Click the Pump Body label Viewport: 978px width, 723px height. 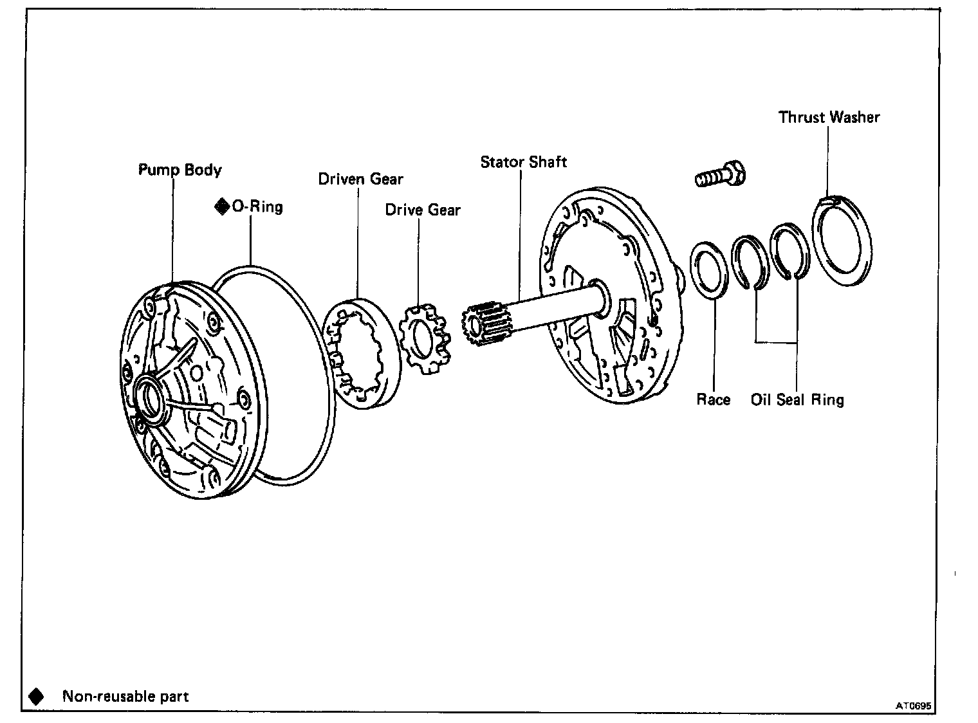click(180, 170)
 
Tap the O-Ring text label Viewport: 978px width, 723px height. click(257, 206)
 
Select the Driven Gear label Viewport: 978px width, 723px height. click(360, 179)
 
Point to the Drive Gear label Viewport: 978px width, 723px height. click(423, 210)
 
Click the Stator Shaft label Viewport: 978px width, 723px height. click(524, 161)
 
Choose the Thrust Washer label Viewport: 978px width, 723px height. click(829, 117)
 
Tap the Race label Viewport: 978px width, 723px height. click(714, 399)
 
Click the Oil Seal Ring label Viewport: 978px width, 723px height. click(797, 399)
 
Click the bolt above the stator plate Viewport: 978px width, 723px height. click(721, 175)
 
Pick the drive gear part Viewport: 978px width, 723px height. click(423, 339)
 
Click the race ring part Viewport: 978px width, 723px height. click(712, 270)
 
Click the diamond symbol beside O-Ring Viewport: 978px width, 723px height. click(221, 206)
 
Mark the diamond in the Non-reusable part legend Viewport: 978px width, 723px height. click(36, 696)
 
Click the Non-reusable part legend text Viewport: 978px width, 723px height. click(125, 696)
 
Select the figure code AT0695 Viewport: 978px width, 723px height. click(914, 706)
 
